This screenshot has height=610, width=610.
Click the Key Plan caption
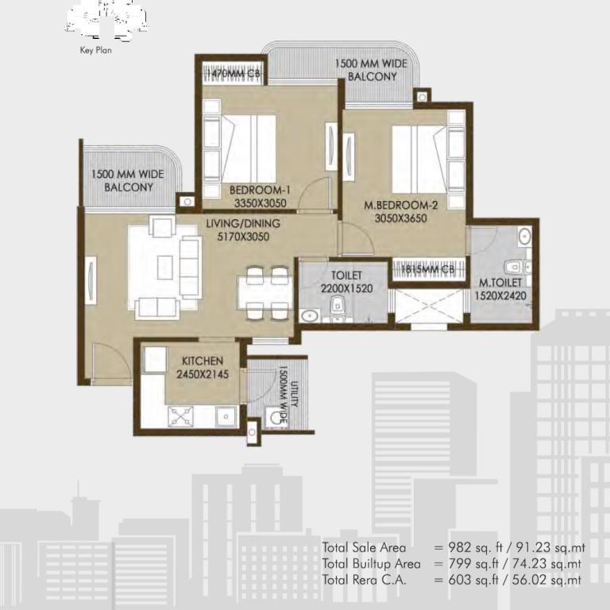pos(95,50)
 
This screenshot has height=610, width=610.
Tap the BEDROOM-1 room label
pos(260,191)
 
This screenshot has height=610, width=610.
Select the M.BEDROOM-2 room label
pos(400,205)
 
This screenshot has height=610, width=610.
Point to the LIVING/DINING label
pos(243,224)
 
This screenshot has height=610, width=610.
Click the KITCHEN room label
pos(203,361)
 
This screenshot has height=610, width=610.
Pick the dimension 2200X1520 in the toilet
pos(346,288)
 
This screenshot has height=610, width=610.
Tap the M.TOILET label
pos(500,283)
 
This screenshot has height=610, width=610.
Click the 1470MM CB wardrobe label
pos(234,73)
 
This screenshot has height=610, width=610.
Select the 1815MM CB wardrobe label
pos(427,269)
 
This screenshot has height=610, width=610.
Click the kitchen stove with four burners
pos(180,416)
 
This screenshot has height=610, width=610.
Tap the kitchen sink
pos(226,417)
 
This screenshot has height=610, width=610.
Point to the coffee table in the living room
pos(165,267)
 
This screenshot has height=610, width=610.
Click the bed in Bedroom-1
pos(248,149)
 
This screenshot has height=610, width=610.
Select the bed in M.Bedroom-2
pos(419,159)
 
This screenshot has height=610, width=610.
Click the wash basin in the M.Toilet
pos(524,236)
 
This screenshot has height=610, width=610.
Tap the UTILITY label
pos(295,394)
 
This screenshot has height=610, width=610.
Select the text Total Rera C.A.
pos(364,580)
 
